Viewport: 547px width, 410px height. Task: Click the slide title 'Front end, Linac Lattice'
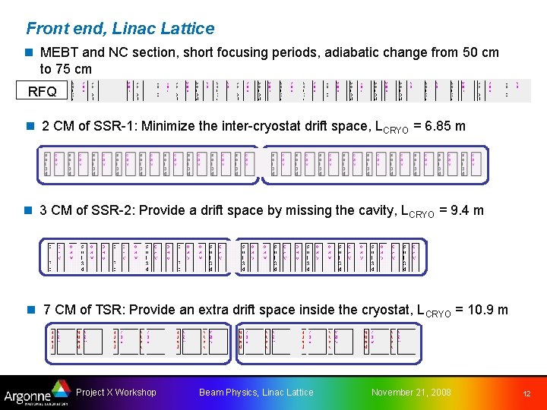[120, 29]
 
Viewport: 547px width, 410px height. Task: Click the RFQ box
[42, 92]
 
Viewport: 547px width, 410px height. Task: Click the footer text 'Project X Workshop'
[116, 393]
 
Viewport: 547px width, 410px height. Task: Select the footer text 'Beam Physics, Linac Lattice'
[256, 393]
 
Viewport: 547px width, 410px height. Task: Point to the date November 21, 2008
[410, 393]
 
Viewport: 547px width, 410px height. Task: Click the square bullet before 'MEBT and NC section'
[30, 53]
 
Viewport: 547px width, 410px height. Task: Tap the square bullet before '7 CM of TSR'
[30, 310]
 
